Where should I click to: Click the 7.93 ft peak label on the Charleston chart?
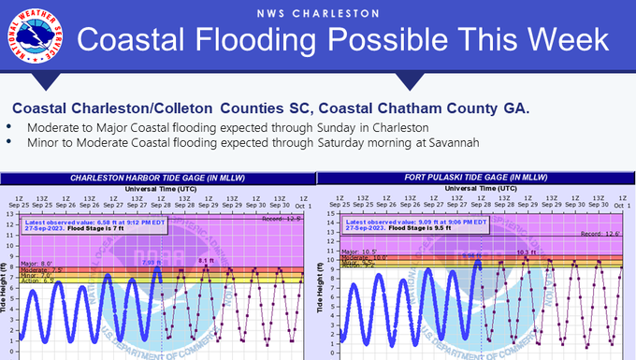151,263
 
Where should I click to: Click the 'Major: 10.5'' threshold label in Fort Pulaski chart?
356,251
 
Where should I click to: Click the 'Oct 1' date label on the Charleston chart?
301,203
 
